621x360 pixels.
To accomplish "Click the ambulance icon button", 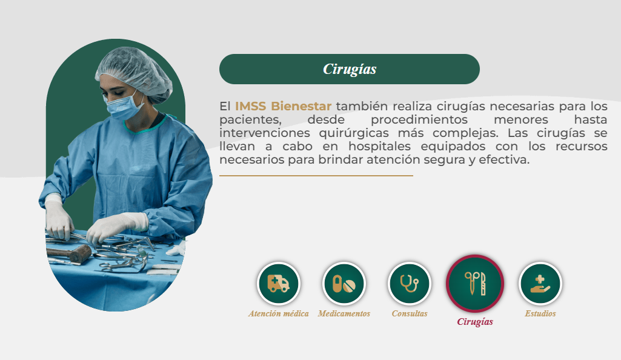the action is pos(279,284).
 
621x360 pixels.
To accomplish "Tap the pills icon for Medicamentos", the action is pos(344,284).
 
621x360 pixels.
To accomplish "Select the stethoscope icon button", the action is pos(409,284).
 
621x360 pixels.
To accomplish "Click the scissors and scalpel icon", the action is pos(475,284).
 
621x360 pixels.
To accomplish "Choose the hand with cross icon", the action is pos(540,284).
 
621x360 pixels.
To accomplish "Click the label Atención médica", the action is pos(279,314).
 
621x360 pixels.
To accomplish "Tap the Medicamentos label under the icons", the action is pos(344,314).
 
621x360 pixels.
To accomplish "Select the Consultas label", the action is pos(410,314).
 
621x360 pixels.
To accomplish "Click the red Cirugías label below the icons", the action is pos(475,322).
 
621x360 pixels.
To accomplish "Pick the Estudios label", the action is pos(540,314).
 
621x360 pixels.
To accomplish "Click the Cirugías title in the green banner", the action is pos(350,69).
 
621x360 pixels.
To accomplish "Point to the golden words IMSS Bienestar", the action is pos(283,106).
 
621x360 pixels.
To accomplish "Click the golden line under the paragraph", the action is pos(316,175).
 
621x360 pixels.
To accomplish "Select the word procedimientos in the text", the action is pos(419,119).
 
